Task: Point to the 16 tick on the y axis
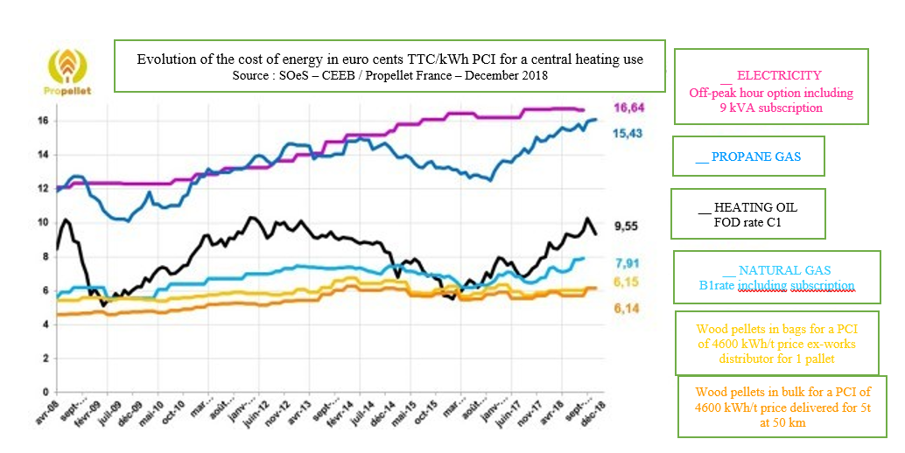(42, 121)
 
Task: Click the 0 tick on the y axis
(45, 392)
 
